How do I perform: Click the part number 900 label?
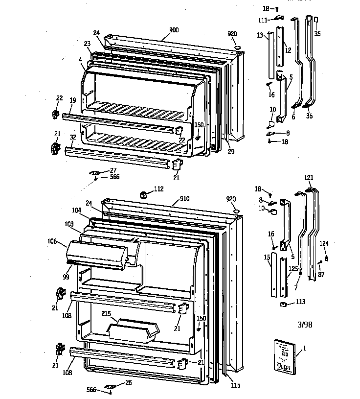174,30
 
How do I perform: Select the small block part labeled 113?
283,305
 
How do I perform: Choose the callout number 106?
52,241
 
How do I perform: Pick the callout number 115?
236,385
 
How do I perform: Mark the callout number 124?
324,243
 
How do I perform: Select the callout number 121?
309,177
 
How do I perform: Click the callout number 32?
72,138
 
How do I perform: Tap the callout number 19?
72,100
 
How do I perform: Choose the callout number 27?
113,170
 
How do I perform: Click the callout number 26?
129,382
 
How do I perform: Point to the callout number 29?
231,152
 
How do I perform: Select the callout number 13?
260,35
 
